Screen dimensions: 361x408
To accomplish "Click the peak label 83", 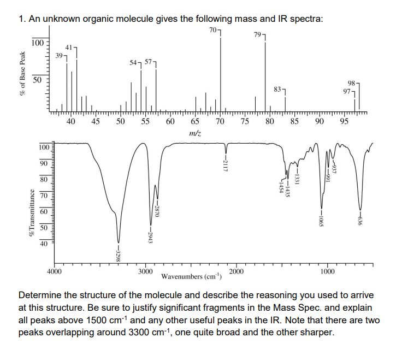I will pos(277,88).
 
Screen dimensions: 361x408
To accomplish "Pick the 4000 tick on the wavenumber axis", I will pos(55,271).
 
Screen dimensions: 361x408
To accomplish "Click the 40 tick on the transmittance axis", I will pos(43,244).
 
